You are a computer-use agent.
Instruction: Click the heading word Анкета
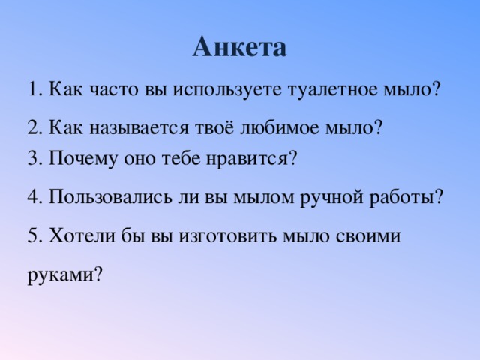(x=240, y=47)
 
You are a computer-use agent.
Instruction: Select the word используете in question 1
(x=226, y=90)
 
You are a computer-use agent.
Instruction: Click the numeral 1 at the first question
(x=33, y=89)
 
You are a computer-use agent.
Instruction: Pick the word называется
(x=139, y=128)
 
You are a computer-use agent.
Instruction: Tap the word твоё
(x=214, y=127)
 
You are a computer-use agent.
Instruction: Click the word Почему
(x=83, y=159)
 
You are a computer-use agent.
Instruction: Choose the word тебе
(x=180, y=158)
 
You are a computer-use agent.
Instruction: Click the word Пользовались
(x=110, y=196)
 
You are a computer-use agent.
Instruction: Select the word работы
(x=402, y=197)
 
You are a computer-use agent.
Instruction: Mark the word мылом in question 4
(x=263, y=197)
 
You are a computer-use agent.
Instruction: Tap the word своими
(x=368, y=236)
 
